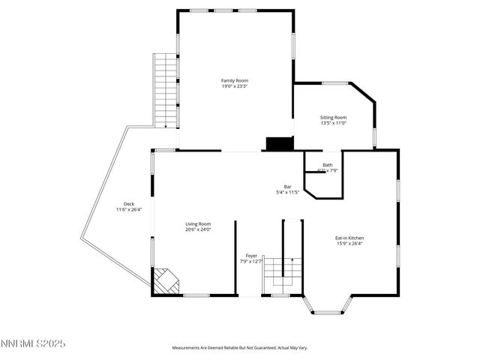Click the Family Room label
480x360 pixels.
pos(234,80)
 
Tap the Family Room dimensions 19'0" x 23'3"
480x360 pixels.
pos(234,86)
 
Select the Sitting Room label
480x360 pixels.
pos(333,117)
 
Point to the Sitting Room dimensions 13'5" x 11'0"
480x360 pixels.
pos(333,123)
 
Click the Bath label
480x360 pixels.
pos(328,165)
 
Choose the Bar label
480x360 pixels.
pos(287,187)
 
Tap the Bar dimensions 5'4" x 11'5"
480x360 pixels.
pos(287,193)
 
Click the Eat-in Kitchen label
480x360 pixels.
pos(349,238)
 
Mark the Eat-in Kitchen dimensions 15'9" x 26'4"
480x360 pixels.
pos(349,244)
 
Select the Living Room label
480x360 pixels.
pos(198,223)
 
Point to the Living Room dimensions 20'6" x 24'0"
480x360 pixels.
pos(198,229)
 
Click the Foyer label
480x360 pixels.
pos(250,256)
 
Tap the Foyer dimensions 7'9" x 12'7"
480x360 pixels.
pos(250,262)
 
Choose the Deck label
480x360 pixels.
pos(129,204)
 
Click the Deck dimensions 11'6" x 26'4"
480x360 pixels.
pos(129,210)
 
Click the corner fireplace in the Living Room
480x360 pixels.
pos(166,281)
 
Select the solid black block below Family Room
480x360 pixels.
pos(280,144)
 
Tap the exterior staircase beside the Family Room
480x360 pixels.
pos(165,90)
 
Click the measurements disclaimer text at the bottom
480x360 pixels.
pos(239,348)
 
